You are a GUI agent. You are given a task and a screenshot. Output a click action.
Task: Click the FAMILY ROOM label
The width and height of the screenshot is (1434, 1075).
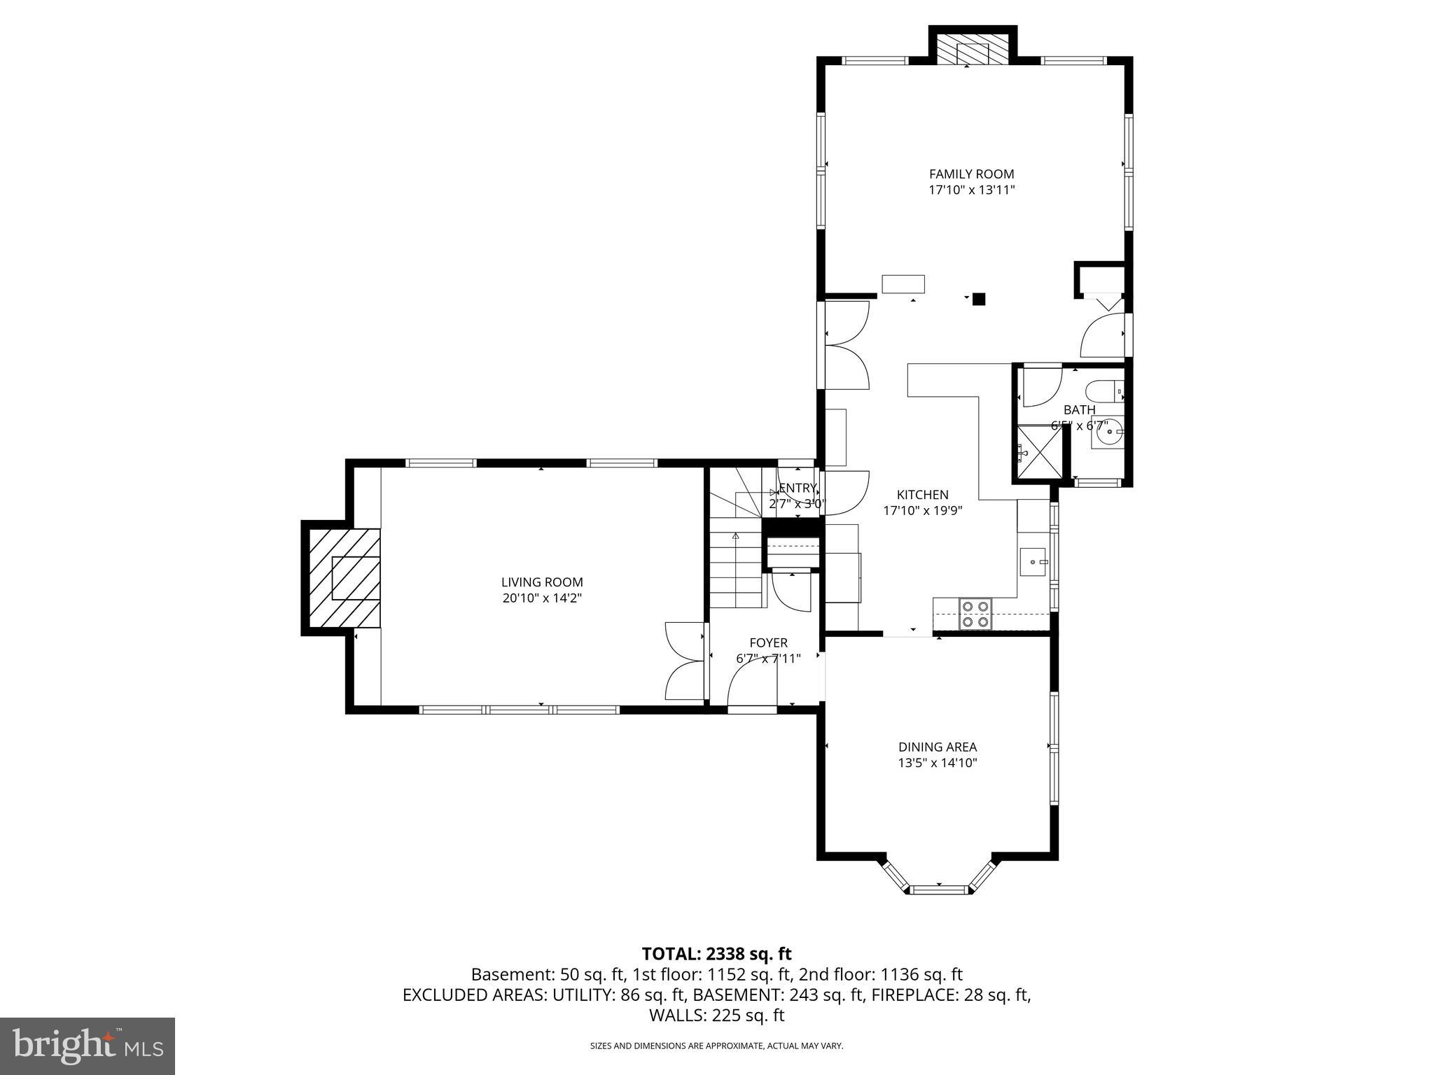(971, 174)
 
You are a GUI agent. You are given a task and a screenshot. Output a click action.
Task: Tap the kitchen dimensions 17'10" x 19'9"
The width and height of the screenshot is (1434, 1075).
(922, 511)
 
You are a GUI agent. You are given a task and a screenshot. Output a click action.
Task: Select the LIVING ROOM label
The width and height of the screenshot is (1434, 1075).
(541, 582)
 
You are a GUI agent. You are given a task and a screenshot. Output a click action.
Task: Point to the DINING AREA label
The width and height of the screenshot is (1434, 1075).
(938, 747)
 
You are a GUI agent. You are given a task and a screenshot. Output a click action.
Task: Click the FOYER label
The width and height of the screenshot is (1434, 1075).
(768, 642)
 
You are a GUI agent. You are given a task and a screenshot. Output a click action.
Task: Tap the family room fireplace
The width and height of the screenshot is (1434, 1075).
(972, 53)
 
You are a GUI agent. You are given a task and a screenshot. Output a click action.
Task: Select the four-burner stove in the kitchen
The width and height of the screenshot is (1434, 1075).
(975, 614)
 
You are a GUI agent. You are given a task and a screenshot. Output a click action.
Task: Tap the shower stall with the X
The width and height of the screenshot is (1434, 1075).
(1039, 453)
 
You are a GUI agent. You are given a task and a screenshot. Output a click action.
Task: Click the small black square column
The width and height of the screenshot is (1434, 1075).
(979, 299)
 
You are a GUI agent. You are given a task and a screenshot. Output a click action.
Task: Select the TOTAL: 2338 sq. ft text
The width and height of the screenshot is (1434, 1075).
(716, 954)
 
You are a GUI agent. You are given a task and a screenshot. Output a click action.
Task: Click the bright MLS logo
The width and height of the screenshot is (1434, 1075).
(88, 1046)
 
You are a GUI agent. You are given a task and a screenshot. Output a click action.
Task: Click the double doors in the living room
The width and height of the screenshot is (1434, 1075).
(684, 661)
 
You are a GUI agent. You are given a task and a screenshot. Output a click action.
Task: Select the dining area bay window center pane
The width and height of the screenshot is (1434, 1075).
(938, 890)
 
